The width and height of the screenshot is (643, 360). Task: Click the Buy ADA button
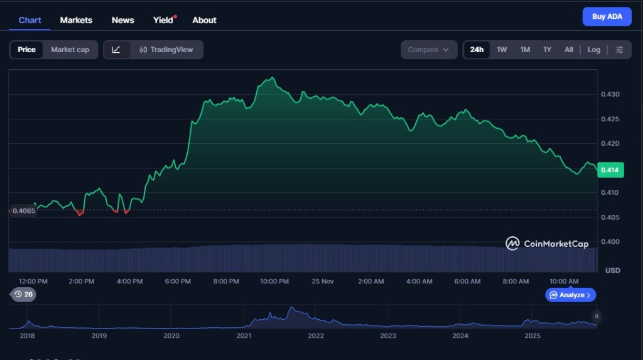pos(607,16)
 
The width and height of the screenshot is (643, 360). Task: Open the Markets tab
pos(76,20)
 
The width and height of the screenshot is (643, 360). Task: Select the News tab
pos(123,20)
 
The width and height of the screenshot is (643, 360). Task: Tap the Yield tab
pos(163,20)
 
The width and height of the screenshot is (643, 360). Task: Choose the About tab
pos(204,20)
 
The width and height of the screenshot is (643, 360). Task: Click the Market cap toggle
pos(70,50)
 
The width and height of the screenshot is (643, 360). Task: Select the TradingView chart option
pos(166,50)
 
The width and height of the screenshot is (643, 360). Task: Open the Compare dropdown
pos(429,50)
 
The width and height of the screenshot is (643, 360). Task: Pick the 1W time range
pos(502,50)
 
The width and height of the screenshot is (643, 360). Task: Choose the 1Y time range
pos(547,50)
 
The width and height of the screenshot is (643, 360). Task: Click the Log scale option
pos(594,50)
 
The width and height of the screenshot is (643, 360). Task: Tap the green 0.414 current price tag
pos(609,170)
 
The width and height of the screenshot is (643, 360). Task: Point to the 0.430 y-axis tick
pos(611,94)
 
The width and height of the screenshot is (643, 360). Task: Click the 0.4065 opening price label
pos(24,211)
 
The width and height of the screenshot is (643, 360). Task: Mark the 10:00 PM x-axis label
pos(274,281)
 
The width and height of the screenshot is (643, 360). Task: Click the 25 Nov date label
pos(323,281)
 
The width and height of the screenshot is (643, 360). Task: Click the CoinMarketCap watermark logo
pos(547,244)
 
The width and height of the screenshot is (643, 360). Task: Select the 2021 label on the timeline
pos(244,335)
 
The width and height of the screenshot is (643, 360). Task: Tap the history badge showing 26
pos(24,294)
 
